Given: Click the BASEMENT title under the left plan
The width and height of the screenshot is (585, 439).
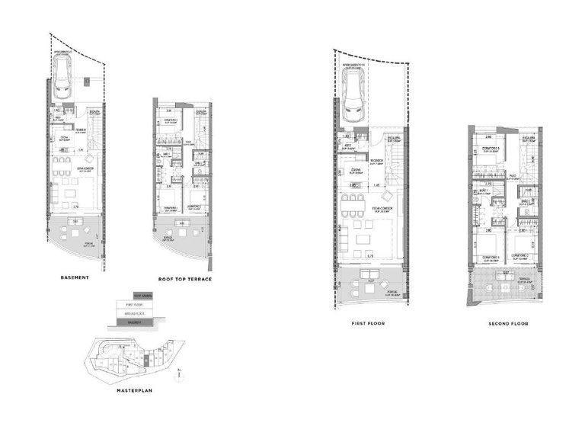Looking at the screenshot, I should coord(75,277).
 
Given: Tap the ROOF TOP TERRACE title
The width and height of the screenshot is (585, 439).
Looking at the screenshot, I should coord(184,279).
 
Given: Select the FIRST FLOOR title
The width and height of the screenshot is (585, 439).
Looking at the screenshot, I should coord(368,323).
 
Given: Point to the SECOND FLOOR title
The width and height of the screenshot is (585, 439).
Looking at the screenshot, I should coord(509,323).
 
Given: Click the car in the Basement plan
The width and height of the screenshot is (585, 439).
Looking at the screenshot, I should coord(63,74).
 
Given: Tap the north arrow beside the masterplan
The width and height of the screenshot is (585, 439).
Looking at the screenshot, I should coord(177,373).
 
